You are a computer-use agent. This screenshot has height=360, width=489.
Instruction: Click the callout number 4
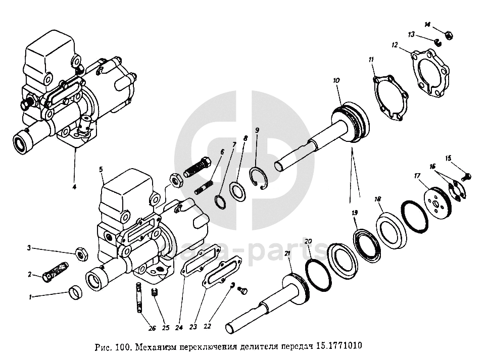(x=74, y=187)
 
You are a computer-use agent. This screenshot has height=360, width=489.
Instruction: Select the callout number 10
(x=336, y=80)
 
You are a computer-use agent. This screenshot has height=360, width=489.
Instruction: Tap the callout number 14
(x=427, y=24)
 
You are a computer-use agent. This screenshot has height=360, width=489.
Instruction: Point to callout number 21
(x=287, y=253)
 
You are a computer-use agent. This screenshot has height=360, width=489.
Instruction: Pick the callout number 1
(x=30, y=297)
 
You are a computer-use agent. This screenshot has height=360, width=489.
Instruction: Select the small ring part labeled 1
(x=76, y=292)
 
